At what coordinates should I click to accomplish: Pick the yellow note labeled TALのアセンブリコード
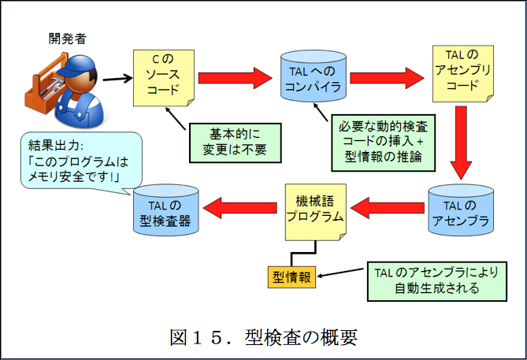point(461,76)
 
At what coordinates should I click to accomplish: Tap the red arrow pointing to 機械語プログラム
point(386,209)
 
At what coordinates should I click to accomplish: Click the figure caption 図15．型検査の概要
point(263,337)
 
